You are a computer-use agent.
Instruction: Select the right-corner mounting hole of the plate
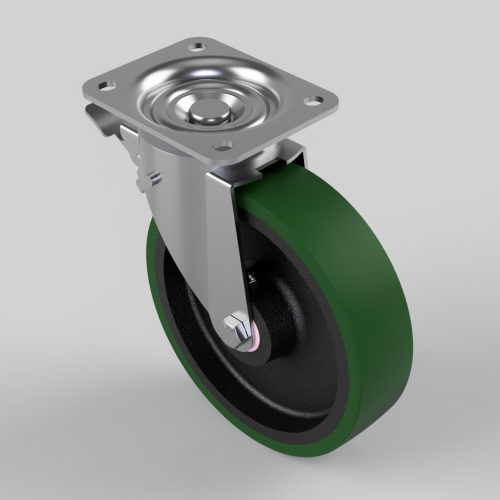(x=314, y=100)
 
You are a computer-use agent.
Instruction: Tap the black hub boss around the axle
(x=272, y=320)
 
